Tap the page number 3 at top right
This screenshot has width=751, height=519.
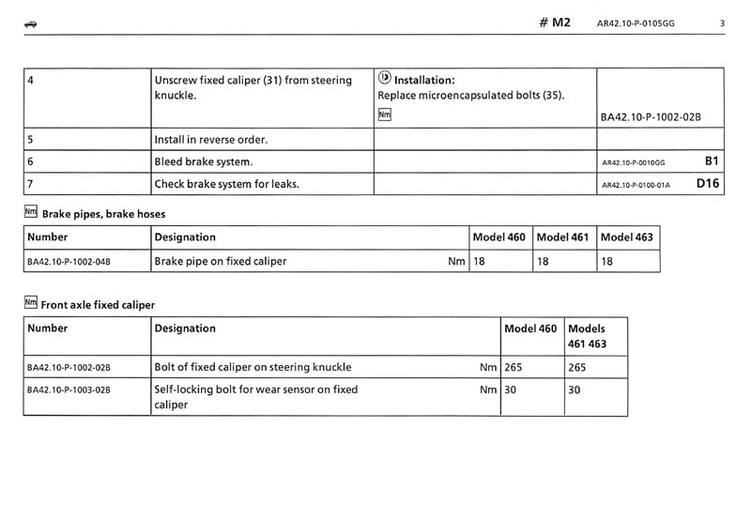(x=722, y=23)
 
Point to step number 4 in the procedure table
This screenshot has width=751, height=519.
(x=32, y=81)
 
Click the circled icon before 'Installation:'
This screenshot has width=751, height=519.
(x=384, y=80)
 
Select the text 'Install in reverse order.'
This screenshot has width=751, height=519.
(x=211, y=140)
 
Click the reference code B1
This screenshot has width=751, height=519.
(x=711, y=161)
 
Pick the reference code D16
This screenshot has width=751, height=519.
(x=708, y=184)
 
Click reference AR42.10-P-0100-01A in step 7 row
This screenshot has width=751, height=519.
(x=636, y=185)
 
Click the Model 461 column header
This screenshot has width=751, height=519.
(x=562, y=237)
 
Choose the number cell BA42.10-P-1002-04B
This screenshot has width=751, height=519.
(x=69, y=262)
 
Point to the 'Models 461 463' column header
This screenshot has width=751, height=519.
(x=588, y=336)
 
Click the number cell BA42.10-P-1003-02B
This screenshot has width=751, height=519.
(x=69, y=389)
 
